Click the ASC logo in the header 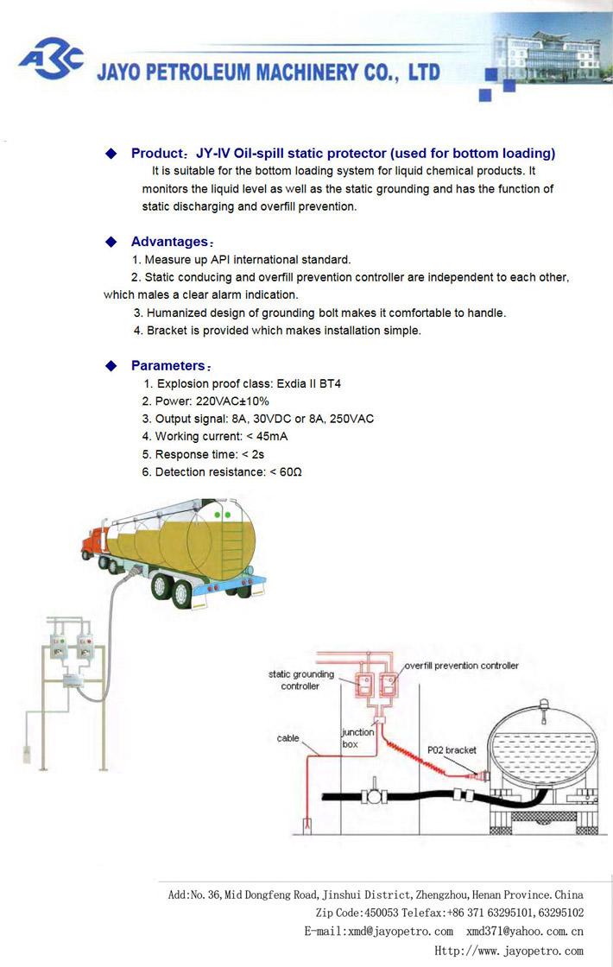point(52,58)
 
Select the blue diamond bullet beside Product point(111,154)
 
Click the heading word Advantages point(169,242)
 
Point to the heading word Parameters point(168,365)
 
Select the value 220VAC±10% point(232,401)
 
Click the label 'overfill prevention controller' point(461,666)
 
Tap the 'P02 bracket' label point(452,750)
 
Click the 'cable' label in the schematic point(288,738)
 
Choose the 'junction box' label point(357,737)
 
